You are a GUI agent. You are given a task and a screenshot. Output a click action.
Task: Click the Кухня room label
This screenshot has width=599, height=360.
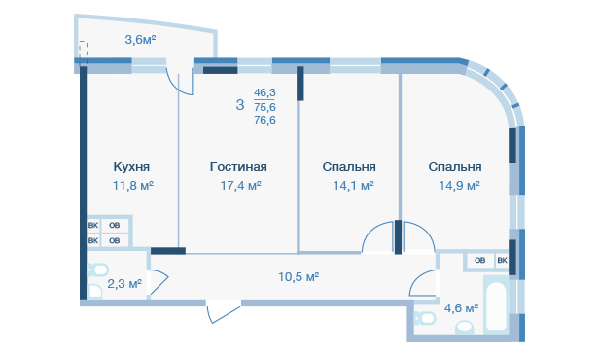[x=131, y=167]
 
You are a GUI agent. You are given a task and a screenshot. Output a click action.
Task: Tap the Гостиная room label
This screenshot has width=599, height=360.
[x=238, y=167]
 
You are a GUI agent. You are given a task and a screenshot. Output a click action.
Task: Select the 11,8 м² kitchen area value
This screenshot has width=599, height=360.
[x=133, y=186]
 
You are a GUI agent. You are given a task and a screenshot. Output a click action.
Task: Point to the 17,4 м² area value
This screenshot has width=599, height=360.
[x=241, y=186]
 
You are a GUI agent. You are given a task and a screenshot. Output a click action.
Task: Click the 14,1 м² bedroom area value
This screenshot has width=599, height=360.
[x=353, y=186]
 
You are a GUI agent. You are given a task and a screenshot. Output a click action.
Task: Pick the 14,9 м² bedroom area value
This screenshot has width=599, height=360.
[x=459, y=186]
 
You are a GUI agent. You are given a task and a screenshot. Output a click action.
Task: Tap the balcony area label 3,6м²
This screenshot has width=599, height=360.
[x=140, y=39]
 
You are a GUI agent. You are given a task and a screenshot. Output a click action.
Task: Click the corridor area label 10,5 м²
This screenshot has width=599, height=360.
[x=299, y=276]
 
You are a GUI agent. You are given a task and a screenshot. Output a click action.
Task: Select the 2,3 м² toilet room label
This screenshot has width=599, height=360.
[x=124, y=284]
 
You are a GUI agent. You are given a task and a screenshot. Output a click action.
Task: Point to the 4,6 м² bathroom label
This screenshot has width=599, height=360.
[x=462, y=308]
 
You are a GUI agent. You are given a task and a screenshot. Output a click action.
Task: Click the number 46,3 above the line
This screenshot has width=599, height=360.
[x=264, y=92]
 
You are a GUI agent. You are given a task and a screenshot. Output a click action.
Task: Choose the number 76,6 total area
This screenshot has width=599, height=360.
[x=264, y=120]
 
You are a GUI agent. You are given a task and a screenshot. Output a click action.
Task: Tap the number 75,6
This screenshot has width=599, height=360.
[x=264, y=107]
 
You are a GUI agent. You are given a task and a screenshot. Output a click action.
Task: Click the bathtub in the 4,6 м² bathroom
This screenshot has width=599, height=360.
[x=496, y=305]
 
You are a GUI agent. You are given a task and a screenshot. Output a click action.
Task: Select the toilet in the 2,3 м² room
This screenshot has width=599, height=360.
[x=97, y=270]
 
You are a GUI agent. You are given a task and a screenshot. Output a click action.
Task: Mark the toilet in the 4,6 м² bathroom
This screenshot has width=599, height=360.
[x=424, y=318]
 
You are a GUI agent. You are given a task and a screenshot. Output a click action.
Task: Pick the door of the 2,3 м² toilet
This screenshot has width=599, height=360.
[x=159, y=282]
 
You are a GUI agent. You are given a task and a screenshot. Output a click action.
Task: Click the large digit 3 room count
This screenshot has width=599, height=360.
[x=240, y=105]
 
